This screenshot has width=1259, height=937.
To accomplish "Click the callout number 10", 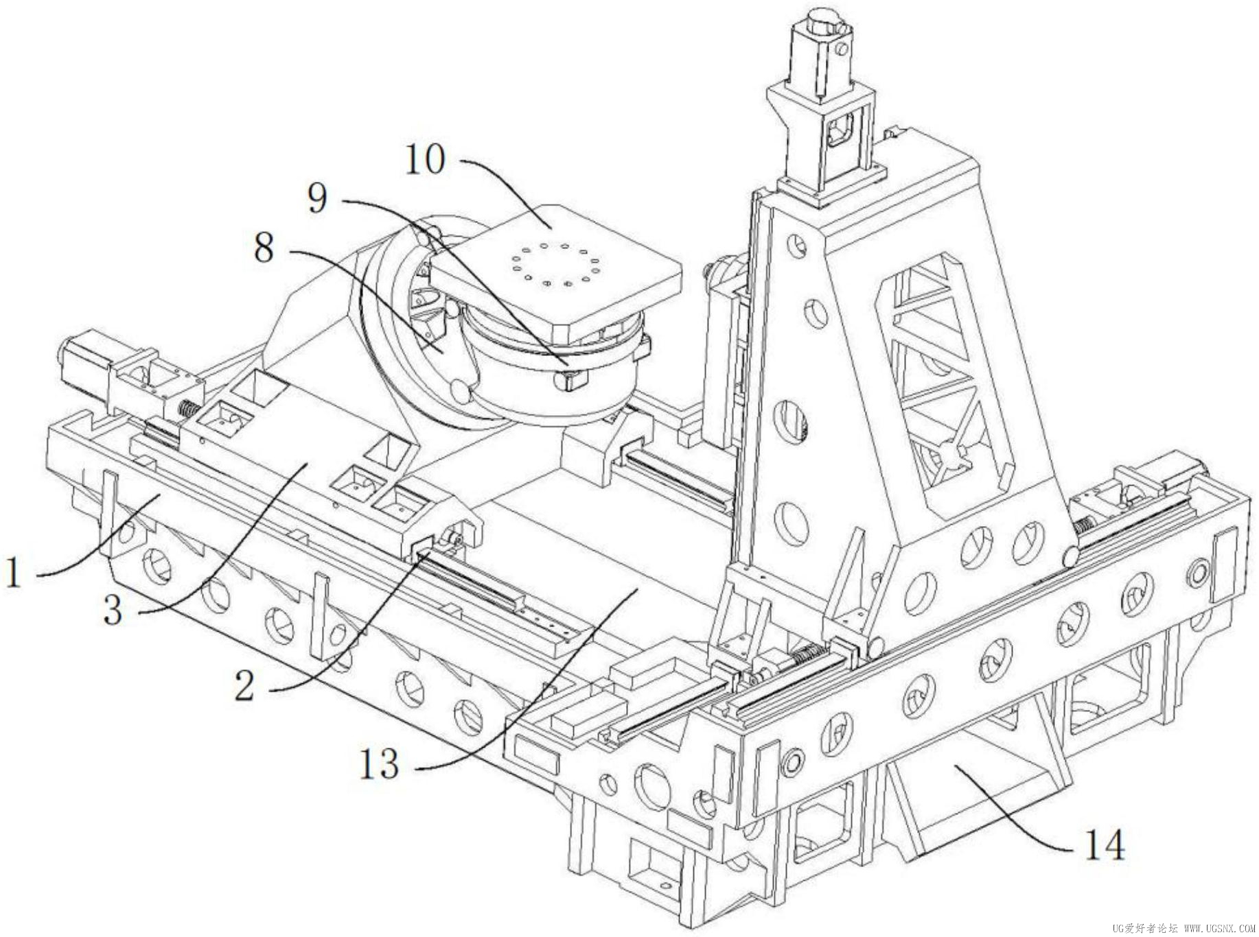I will click(x=426, y=160).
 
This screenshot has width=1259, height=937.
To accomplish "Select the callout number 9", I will click(x=317, y=199).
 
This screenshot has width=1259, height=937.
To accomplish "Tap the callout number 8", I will click(x=264, y=248).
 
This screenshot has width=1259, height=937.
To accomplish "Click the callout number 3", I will click(x=113, y=610).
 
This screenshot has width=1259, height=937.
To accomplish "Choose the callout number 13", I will click(x=379, y=763).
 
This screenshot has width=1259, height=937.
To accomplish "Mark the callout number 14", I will click(x=1104, y=845).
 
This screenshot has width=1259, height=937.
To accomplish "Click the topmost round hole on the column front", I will click(x=798, y=245).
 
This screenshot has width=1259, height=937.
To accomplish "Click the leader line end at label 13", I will click(x=638, y=588).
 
